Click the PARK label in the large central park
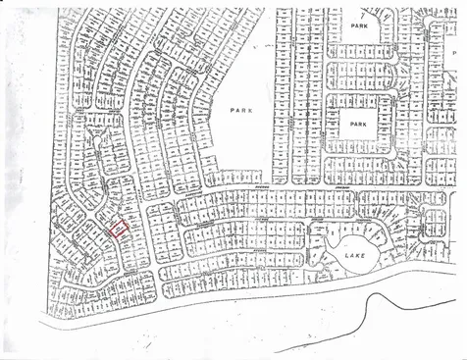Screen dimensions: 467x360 240,111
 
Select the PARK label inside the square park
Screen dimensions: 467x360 357,126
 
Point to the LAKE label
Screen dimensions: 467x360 354,254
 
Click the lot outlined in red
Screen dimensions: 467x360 118,229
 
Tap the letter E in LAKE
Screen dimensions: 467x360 365,254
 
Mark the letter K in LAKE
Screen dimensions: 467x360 358,254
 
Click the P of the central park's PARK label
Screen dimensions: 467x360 232,111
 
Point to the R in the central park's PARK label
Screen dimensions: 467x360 244,111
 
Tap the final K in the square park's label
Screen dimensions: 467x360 366,126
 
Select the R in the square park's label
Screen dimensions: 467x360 360,126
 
